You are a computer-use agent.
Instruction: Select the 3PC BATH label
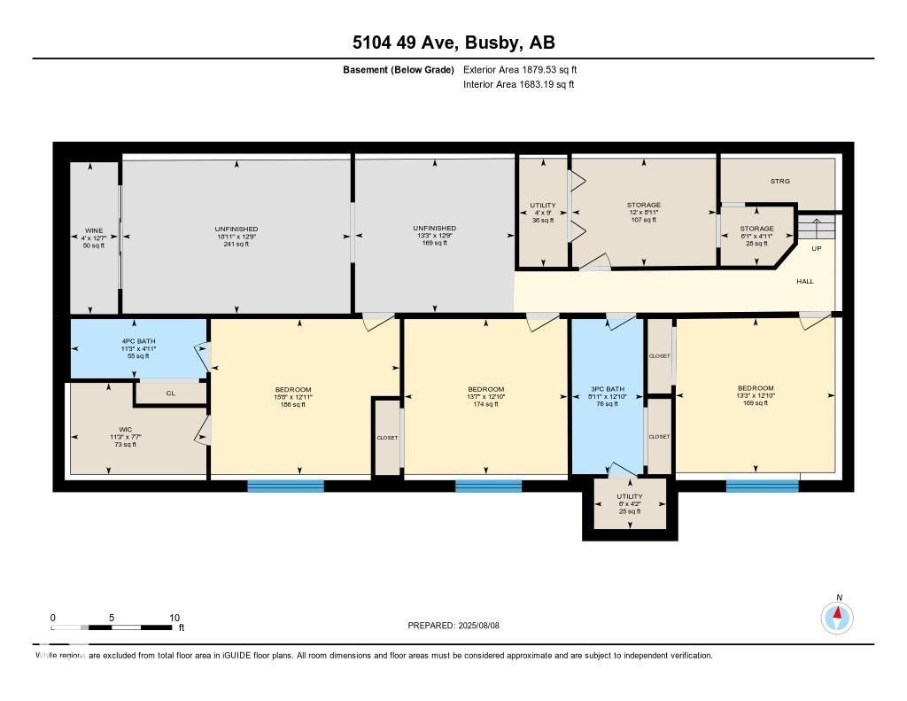608,389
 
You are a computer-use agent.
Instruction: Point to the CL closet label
170,393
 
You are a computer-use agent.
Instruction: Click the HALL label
804,282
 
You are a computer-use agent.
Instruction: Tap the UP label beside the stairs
817,248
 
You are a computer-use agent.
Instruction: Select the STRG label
779,182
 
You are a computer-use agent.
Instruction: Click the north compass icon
837,617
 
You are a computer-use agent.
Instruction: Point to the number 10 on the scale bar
174,618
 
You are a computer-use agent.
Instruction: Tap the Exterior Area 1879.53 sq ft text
520,69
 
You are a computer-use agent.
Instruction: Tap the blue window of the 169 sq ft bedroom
762,486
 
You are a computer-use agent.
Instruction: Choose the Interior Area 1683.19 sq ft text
518,85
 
